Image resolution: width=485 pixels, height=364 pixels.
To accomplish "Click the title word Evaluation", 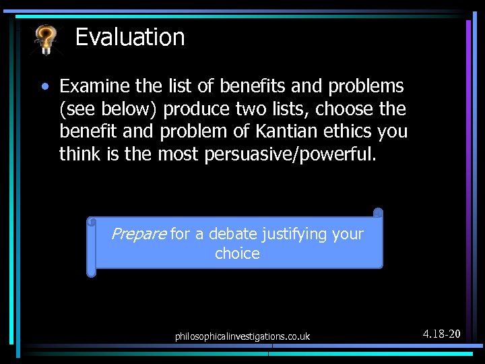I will pyautogui.click(x=130, y=37).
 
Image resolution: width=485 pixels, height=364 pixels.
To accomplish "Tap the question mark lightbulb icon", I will pyautogui.click(x=46, y=39).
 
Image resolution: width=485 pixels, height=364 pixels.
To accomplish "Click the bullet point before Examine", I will pyautogui.click(x=44, y=87).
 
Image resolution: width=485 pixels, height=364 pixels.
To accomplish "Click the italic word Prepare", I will pyautogui.click(x=138, y=234).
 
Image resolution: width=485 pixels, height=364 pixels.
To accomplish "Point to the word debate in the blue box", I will pyautogui.click(x=230, y=234).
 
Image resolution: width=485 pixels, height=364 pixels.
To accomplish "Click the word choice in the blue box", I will pyautogui.click(x=237, y=253).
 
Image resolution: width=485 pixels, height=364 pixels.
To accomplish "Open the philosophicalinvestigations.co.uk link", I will pyautogui.click(x=243, y=336).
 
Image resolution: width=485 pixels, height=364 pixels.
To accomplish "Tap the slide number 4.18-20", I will pyautogui.click(x=441, y=334).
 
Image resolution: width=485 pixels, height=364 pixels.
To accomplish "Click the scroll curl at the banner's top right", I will pyautogui.click(x=377, y=214).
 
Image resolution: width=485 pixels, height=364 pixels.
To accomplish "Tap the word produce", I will pyautogui.click(x=196, y=109).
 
